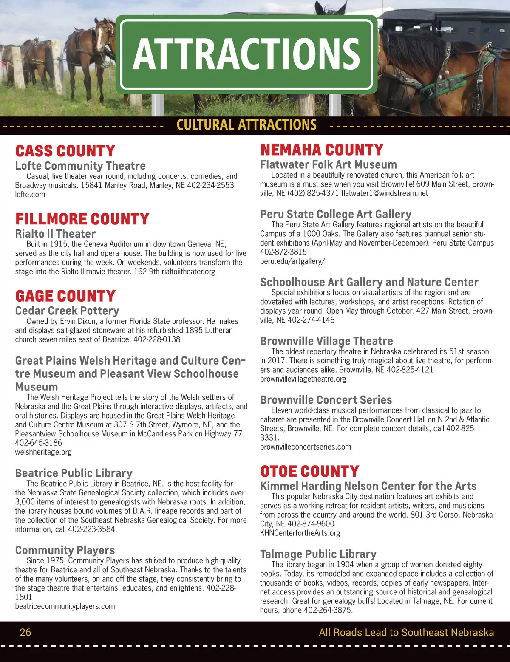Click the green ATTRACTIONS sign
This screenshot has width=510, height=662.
(x=246, y=54)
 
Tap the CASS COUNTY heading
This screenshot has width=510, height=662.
(x=65, y=151)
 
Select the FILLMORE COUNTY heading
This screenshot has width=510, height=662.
(x=82, y=219)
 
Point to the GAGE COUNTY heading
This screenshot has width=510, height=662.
(x=65, y=296)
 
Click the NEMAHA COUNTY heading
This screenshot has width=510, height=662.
(x=322, y=150)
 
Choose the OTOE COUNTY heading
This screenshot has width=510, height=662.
(x=309, y=472)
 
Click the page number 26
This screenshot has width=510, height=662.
(x=25, y=632)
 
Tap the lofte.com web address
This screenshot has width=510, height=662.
(x=30, y=195)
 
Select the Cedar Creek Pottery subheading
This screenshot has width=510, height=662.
(x=67, y=311)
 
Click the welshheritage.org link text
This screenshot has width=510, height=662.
(x=43, y=452)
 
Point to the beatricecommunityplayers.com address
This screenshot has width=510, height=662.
(x=65, y=606)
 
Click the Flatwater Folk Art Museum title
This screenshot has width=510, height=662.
(x=328, y=165)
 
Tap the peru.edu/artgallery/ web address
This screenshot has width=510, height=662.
(x=292, y=261)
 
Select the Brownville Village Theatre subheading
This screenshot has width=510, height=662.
(x=326, y=341)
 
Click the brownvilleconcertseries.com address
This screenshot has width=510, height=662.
(x=306, y=447)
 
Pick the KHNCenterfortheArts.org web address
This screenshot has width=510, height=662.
(x=300, y=533)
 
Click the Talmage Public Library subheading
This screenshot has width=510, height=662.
(x=318, y=554)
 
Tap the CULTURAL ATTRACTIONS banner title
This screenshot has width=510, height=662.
(x=246, y=125)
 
